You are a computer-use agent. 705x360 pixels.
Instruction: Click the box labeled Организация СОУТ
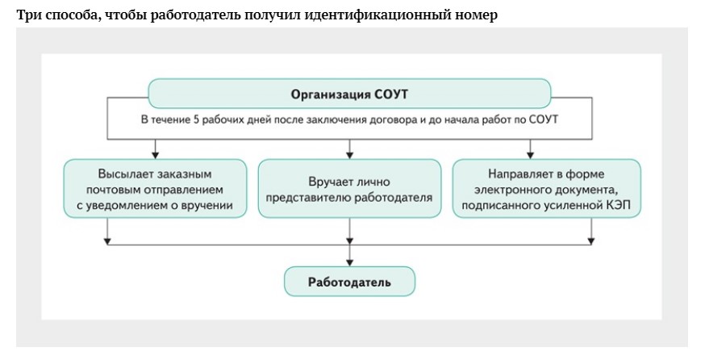(349, 94)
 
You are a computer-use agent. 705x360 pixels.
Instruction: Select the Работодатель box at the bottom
(349, 282)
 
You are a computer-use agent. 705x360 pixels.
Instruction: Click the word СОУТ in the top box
(391, 94)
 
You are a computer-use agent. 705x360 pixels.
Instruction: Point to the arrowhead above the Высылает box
(156, 153)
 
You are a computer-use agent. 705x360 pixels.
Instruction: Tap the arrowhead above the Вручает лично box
(349, 153)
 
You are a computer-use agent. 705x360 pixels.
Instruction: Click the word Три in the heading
(27, 15)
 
